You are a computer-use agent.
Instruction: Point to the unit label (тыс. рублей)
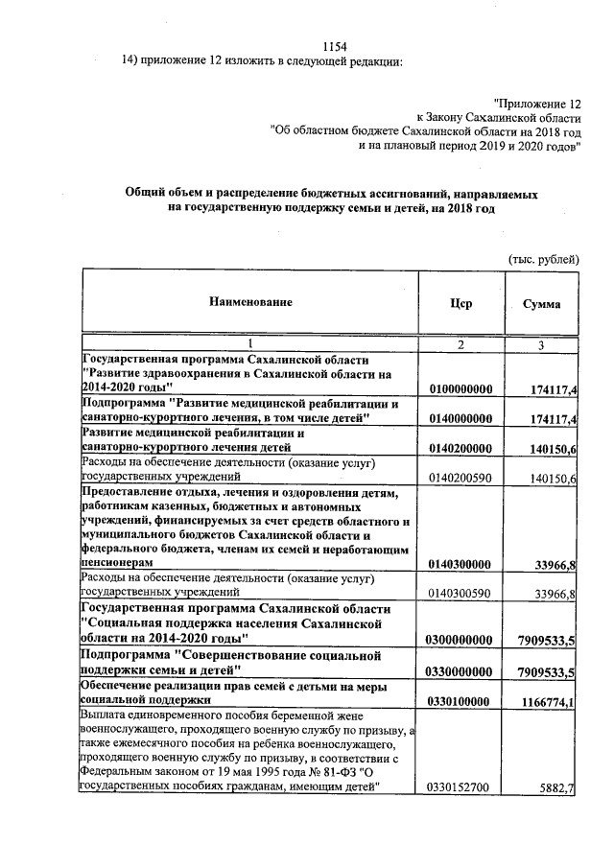click(x=543, y=259)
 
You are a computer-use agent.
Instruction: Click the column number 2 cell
click(x=460, y=344)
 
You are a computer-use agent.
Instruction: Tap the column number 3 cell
click(x=542, y=344)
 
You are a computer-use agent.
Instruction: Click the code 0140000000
click(x=460, y=419)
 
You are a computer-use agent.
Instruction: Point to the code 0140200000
click(x=460, y=449)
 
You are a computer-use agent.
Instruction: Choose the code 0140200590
click(x=460, y=479)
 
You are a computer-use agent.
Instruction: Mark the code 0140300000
click(x=460, y=565)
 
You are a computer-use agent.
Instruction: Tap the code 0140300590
click(x=460, y=596)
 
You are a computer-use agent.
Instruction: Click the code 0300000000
click(x=460, y=640)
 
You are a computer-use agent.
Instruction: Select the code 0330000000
click(x=460, y=669)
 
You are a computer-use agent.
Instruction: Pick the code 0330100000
click(x=460, y=700)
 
